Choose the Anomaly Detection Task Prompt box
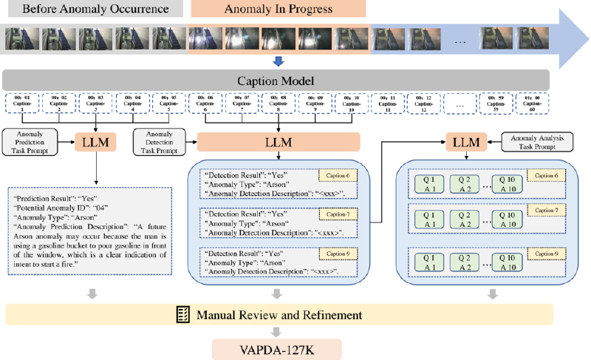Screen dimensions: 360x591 160,139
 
